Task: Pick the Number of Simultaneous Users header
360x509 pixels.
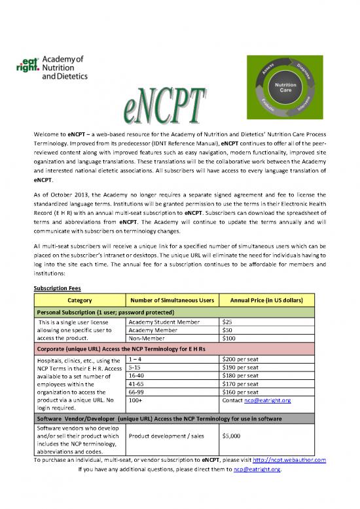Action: (173, 299)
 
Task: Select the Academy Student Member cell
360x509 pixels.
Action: (160, 322)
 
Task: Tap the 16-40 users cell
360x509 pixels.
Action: (137, 375)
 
